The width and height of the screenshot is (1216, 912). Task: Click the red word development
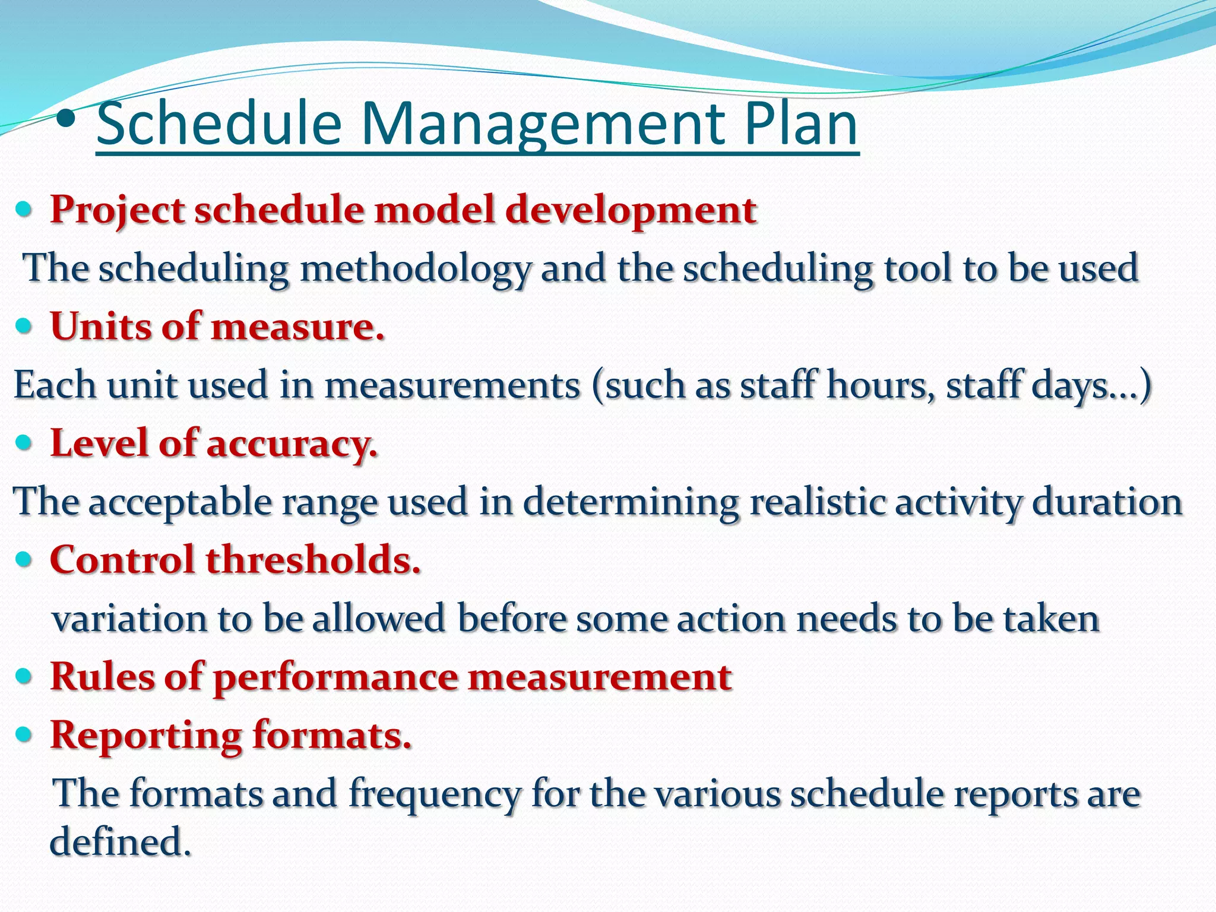[631, 211]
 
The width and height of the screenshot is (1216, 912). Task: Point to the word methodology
[415, 268]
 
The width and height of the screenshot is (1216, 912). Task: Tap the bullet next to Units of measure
[24, 327]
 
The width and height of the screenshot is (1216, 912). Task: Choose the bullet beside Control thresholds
[24, 559]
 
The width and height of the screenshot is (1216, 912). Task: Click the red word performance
[335, 677]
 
